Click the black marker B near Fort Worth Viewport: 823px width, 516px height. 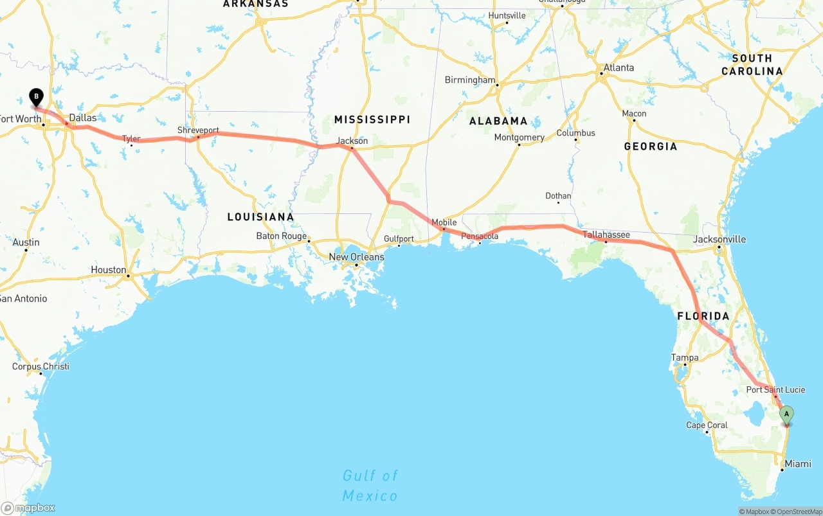[37, 98]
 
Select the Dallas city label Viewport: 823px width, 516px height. [82, 118]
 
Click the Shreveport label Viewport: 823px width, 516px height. [198, 130]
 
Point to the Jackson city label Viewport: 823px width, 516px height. [352, 141]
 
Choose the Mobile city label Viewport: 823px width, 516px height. [444, 222]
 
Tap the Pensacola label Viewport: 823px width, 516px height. [480, 236]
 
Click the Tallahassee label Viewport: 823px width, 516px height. [606, 235]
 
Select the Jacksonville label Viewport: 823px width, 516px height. [719, 239]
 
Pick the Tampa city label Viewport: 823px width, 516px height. [684, 357]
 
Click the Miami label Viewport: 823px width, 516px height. [798, 463]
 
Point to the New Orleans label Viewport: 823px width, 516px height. [356, 257]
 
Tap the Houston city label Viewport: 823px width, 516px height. [109, 270]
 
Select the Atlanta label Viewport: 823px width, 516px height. [618, 67]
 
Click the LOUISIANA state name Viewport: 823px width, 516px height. [260, 217]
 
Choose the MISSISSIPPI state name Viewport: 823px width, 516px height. [372, 120]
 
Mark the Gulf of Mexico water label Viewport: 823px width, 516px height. [370, 485]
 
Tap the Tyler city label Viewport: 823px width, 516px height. [131, 139]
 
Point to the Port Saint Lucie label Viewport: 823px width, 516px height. [775, 389]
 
